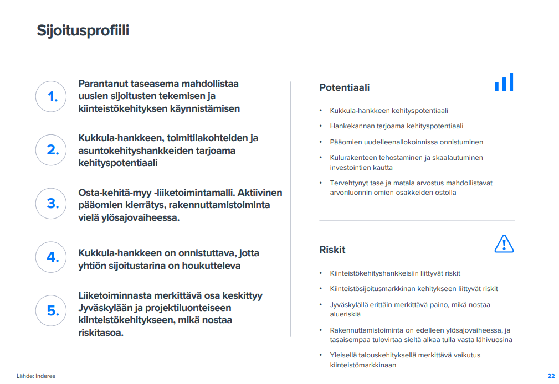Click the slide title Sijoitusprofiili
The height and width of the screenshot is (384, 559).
(83, 30)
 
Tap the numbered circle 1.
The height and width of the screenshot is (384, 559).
(52, 97)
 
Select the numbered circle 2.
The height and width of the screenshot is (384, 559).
(52, 150)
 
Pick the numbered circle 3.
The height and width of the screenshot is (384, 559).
(52, 204)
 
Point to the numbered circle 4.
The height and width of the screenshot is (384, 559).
(52, 257)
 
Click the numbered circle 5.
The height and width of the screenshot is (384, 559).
(52, 310)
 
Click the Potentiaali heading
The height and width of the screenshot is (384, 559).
(344, 87)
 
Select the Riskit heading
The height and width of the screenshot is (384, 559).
(332, 250)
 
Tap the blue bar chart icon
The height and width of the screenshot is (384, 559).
(504, 82)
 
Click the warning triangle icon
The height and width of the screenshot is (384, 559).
(504, 243)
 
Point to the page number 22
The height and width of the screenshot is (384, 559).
(551, 376)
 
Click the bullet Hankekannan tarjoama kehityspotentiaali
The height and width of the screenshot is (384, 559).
(396, 126)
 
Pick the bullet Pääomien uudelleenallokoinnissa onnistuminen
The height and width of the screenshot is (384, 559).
(406, 142)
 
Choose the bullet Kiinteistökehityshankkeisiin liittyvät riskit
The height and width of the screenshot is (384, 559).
(395, 273)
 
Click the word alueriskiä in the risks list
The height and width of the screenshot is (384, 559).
(345, 314)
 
